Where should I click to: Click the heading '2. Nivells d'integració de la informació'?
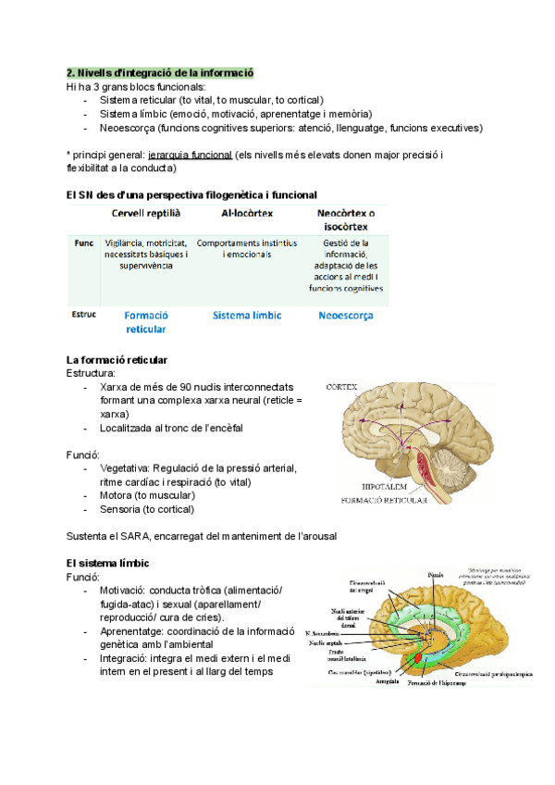160,72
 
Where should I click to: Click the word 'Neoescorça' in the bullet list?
127,128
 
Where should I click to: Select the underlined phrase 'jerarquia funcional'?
190,155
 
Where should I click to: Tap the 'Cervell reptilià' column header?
145,213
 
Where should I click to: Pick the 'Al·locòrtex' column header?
247,213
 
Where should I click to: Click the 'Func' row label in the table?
83,243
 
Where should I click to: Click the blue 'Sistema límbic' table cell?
247,316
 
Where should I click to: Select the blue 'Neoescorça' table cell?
345,316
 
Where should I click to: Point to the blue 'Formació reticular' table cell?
145,322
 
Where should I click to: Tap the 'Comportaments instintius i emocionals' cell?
247,248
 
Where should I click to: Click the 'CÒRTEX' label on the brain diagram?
342,386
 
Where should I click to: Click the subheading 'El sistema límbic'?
107,563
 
